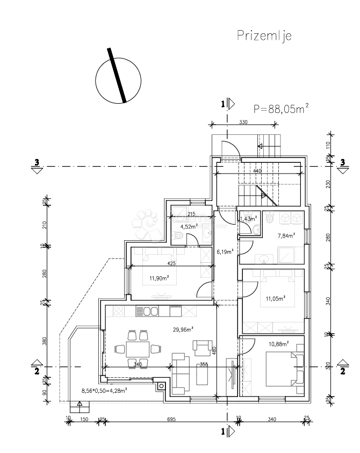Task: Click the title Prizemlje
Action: pos(264,36)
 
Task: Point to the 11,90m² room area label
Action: pos(160,278)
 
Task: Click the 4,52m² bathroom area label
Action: pos(189,227)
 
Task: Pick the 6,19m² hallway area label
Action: pos(225,251)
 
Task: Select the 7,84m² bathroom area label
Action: pos(286,235)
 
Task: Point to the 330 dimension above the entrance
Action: pos(243,123)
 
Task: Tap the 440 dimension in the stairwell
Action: pos(257,171)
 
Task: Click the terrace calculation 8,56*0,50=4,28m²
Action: pos(104,391)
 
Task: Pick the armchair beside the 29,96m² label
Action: pos(202,348)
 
